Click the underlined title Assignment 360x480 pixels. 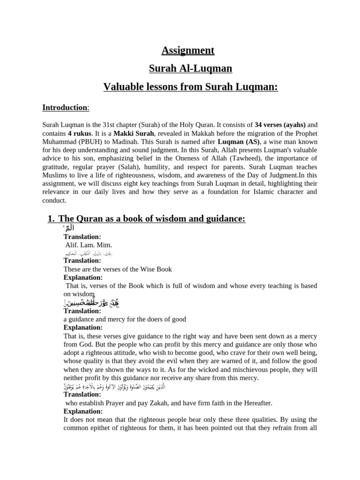pyautogui.click(x=188, y=50)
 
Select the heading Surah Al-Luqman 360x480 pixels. pyautogui.click(x=190, y=69)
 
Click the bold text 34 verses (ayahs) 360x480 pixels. pyautogui.click(x=280, y=125)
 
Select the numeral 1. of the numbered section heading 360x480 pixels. pyautogui.click(x=52, y=219)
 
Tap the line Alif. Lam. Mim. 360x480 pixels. pyautogui.click(x=89, y=245)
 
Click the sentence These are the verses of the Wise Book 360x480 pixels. pyautogui.click(x=118, y=269)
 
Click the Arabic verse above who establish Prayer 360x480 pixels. pyautogui.click(x=187, y=386)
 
